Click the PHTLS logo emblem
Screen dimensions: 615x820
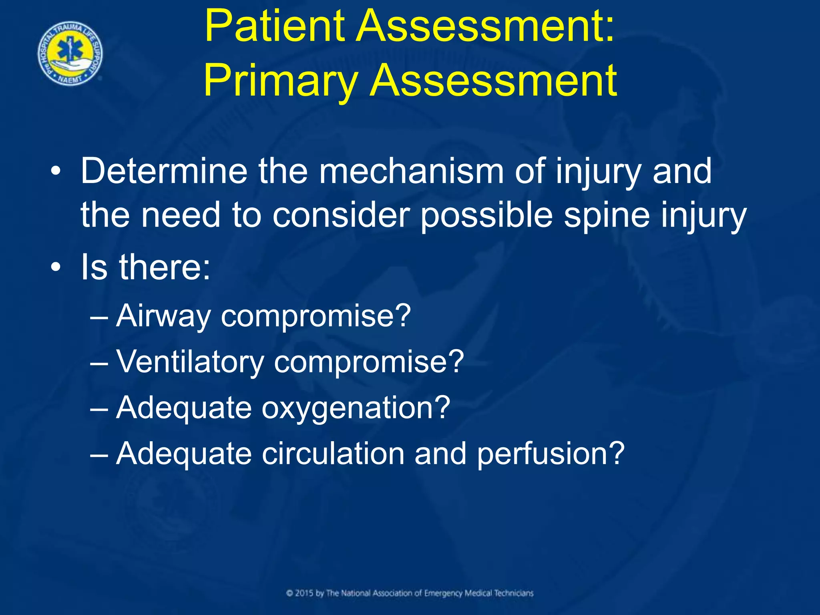pyautogui.click(x=70, y=54)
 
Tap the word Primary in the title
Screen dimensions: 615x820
pyautogui.click(x=280, y=82)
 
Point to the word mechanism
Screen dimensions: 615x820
pyautogui.click(x=411, y=171)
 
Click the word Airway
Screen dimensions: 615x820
pyautogui.click(x=163, y=317)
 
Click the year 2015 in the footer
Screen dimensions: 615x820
pyautogui.click(x=304, y=593)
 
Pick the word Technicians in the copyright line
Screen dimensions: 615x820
pyautogui.click(x=513, y=593)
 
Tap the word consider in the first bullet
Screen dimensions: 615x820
pyautogui.click(x=341, y=215)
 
